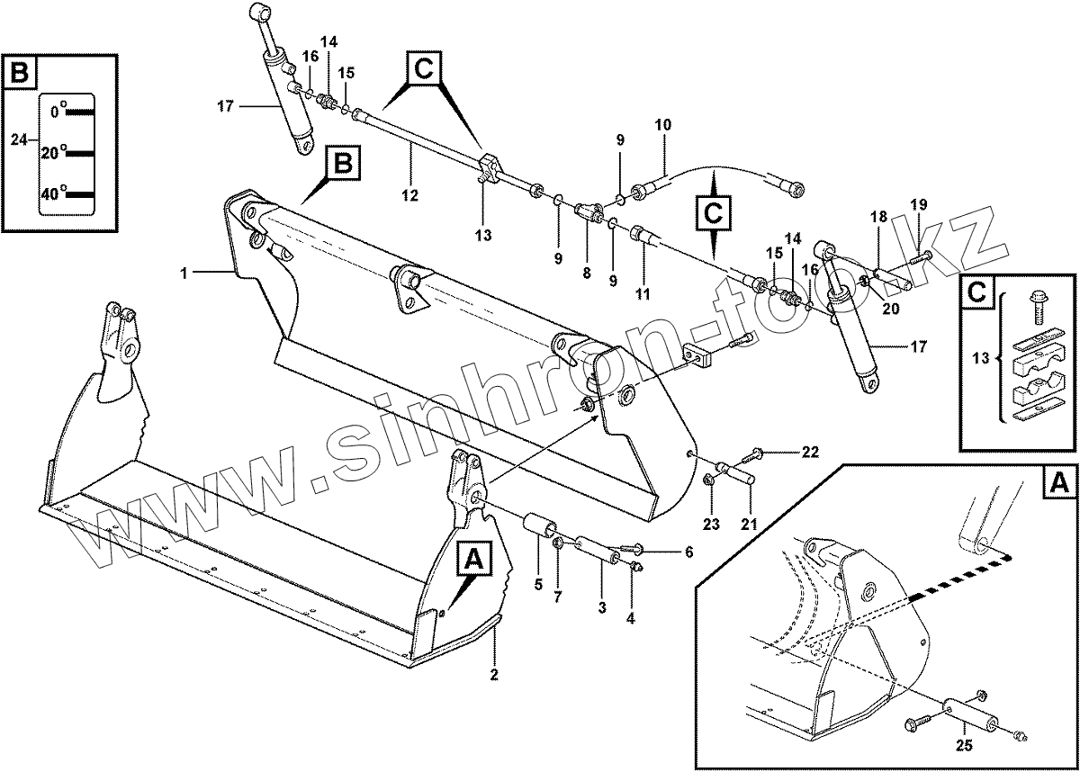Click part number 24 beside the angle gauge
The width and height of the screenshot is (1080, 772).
[x=18, y=139]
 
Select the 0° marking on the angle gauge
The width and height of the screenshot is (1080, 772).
[x=58, y=112]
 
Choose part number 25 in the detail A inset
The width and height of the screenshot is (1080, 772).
[x=964, y=744]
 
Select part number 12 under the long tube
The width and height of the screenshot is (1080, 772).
[x=411, y=194]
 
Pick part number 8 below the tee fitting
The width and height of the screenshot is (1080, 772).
[x=586, y=272]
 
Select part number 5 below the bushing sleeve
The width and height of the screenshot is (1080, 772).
[x=537, y=585]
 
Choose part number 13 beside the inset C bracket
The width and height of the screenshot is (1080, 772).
[x=984, y=357]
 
